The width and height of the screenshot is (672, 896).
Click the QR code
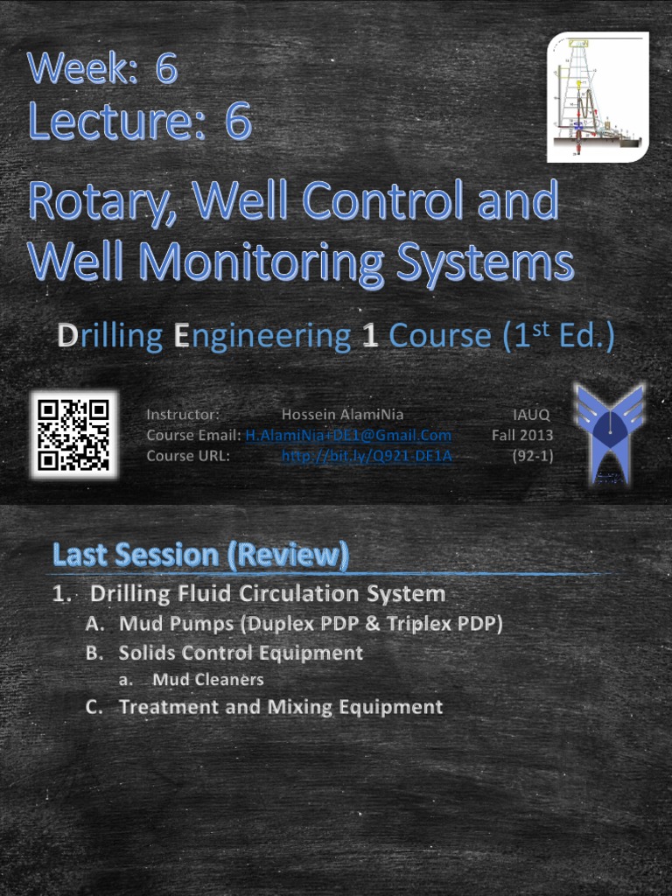tap(73, 434)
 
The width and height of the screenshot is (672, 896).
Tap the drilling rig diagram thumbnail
tap(598, 97)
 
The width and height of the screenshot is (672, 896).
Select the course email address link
tap(348, 435)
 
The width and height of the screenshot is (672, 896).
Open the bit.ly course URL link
tap(367, 456)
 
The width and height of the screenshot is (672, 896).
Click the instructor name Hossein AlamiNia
tap(342, 414)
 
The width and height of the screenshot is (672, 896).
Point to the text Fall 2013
tap(522, 435)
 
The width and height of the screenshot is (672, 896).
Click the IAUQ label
tap(531, 414)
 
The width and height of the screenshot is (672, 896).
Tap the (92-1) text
tap(532, 456)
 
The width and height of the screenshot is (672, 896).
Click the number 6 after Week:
tap(166, 69)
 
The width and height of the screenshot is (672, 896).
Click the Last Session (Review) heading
tap(200, 555)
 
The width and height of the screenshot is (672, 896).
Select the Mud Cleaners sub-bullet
tap(207, 679)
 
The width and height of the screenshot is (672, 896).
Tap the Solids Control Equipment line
tap(241, 653)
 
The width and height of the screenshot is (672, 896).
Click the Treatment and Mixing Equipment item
tap(281, 707)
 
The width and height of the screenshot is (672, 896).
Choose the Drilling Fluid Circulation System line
tap(268, 594)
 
